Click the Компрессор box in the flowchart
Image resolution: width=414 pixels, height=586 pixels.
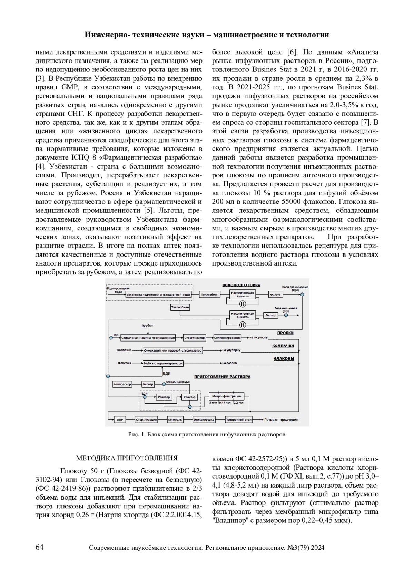click(122, 384)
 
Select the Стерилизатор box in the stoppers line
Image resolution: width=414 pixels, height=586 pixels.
click(194, 338)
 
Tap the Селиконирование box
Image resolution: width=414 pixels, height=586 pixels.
click(227, 338)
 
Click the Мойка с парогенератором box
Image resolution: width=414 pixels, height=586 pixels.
click(163, 363)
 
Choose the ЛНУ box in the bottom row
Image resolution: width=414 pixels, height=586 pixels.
click(120, 420)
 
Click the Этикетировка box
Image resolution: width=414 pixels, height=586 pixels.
click(204, 420)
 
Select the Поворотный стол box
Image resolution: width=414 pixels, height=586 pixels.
click(238, 420)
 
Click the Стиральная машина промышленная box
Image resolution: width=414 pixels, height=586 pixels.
click(148, 338)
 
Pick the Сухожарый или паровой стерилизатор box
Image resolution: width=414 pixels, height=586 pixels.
click(172, 350)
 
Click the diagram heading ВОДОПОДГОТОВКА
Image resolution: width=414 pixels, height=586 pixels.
click(241, 285)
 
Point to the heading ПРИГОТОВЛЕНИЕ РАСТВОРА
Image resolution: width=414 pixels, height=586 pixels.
click(222, 377)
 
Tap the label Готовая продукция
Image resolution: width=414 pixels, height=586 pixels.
click(281, 420)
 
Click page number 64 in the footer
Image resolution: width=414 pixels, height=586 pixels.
click(40, 547)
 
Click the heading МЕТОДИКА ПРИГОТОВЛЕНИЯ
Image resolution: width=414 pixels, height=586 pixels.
click(127, 459)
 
